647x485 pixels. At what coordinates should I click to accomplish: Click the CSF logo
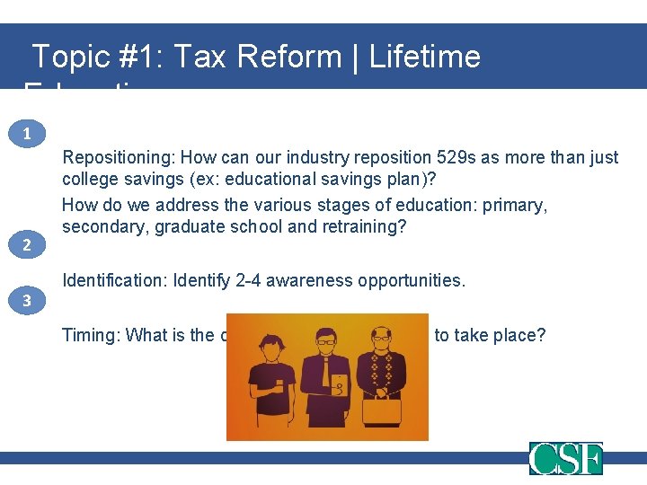[565, 458]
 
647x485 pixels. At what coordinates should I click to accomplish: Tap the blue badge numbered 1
[28, 134]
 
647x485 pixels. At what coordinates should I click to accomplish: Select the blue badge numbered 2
[28, 245]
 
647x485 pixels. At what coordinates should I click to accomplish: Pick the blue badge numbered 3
[28, 301]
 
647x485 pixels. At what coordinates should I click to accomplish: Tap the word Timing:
[91, 336]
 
